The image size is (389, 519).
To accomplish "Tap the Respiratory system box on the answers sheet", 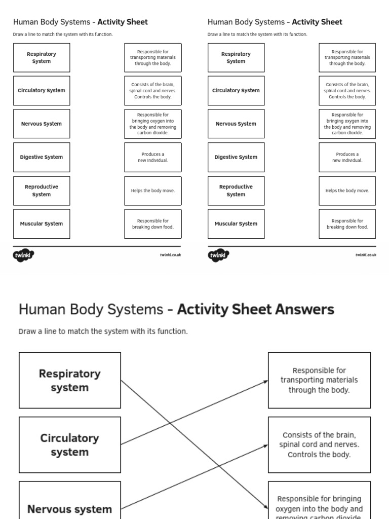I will click(70, 380).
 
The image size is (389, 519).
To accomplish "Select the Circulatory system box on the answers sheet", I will click(70, 444).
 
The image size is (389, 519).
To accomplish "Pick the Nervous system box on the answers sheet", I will click(70, 502).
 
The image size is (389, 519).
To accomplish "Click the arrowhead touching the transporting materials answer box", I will click(265, 382).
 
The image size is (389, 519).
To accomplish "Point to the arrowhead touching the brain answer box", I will click(265, 446).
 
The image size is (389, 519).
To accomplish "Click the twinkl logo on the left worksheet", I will click(23, 255).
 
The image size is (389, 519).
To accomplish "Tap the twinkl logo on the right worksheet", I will click(218, 255).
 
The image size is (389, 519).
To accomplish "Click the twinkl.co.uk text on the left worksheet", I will click(171, 255).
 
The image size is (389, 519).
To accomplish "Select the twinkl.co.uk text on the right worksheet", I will click(365, 255).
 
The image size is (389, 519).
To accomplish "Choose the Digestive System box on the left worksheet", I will click(42, 157).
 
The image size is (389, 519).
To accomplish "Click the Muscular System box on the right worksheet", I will click(236, 224).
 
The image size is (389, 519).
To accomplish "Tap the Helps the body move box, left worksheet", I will click(153, 191).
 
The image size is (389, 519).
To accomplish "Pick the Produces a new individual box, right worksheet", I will click(347, 157).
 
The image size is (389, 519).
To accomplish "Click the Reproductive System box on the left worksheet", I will click(42, 191).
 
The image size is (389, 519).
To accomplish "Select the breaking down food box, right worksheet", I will click(347, 224).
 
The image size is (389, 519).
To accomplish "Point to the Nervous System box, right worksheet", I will click(236, 124).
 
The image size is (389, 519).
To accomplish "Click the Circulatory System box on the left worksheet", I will click(42, 91).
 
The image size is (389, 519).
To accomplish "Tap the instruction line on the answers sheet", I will click(103, 331).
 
